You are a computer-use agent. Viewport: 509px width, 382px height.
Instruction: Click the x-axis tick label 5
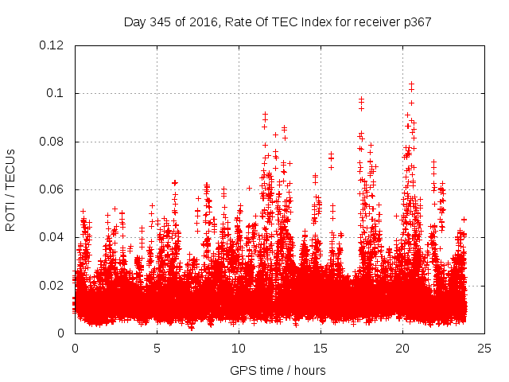[157, 348]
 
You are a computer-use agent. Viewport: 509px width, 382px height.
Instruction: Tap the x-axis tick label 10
[239, 348]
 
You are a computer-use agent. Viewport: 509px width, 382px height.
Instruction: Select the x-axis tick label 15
[321, 348]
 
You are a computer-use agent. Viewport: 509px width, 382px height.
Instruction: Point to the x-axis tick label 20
[402, 348]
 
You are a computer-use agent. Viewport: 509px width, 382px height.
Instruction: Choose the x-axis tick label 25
[484, 348]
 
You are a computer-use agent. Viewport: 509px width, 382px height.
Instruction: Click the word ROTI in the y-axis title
[11, 216]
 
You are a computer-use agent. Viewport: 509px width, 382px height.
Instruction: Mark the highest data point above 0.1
[411, 83]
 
